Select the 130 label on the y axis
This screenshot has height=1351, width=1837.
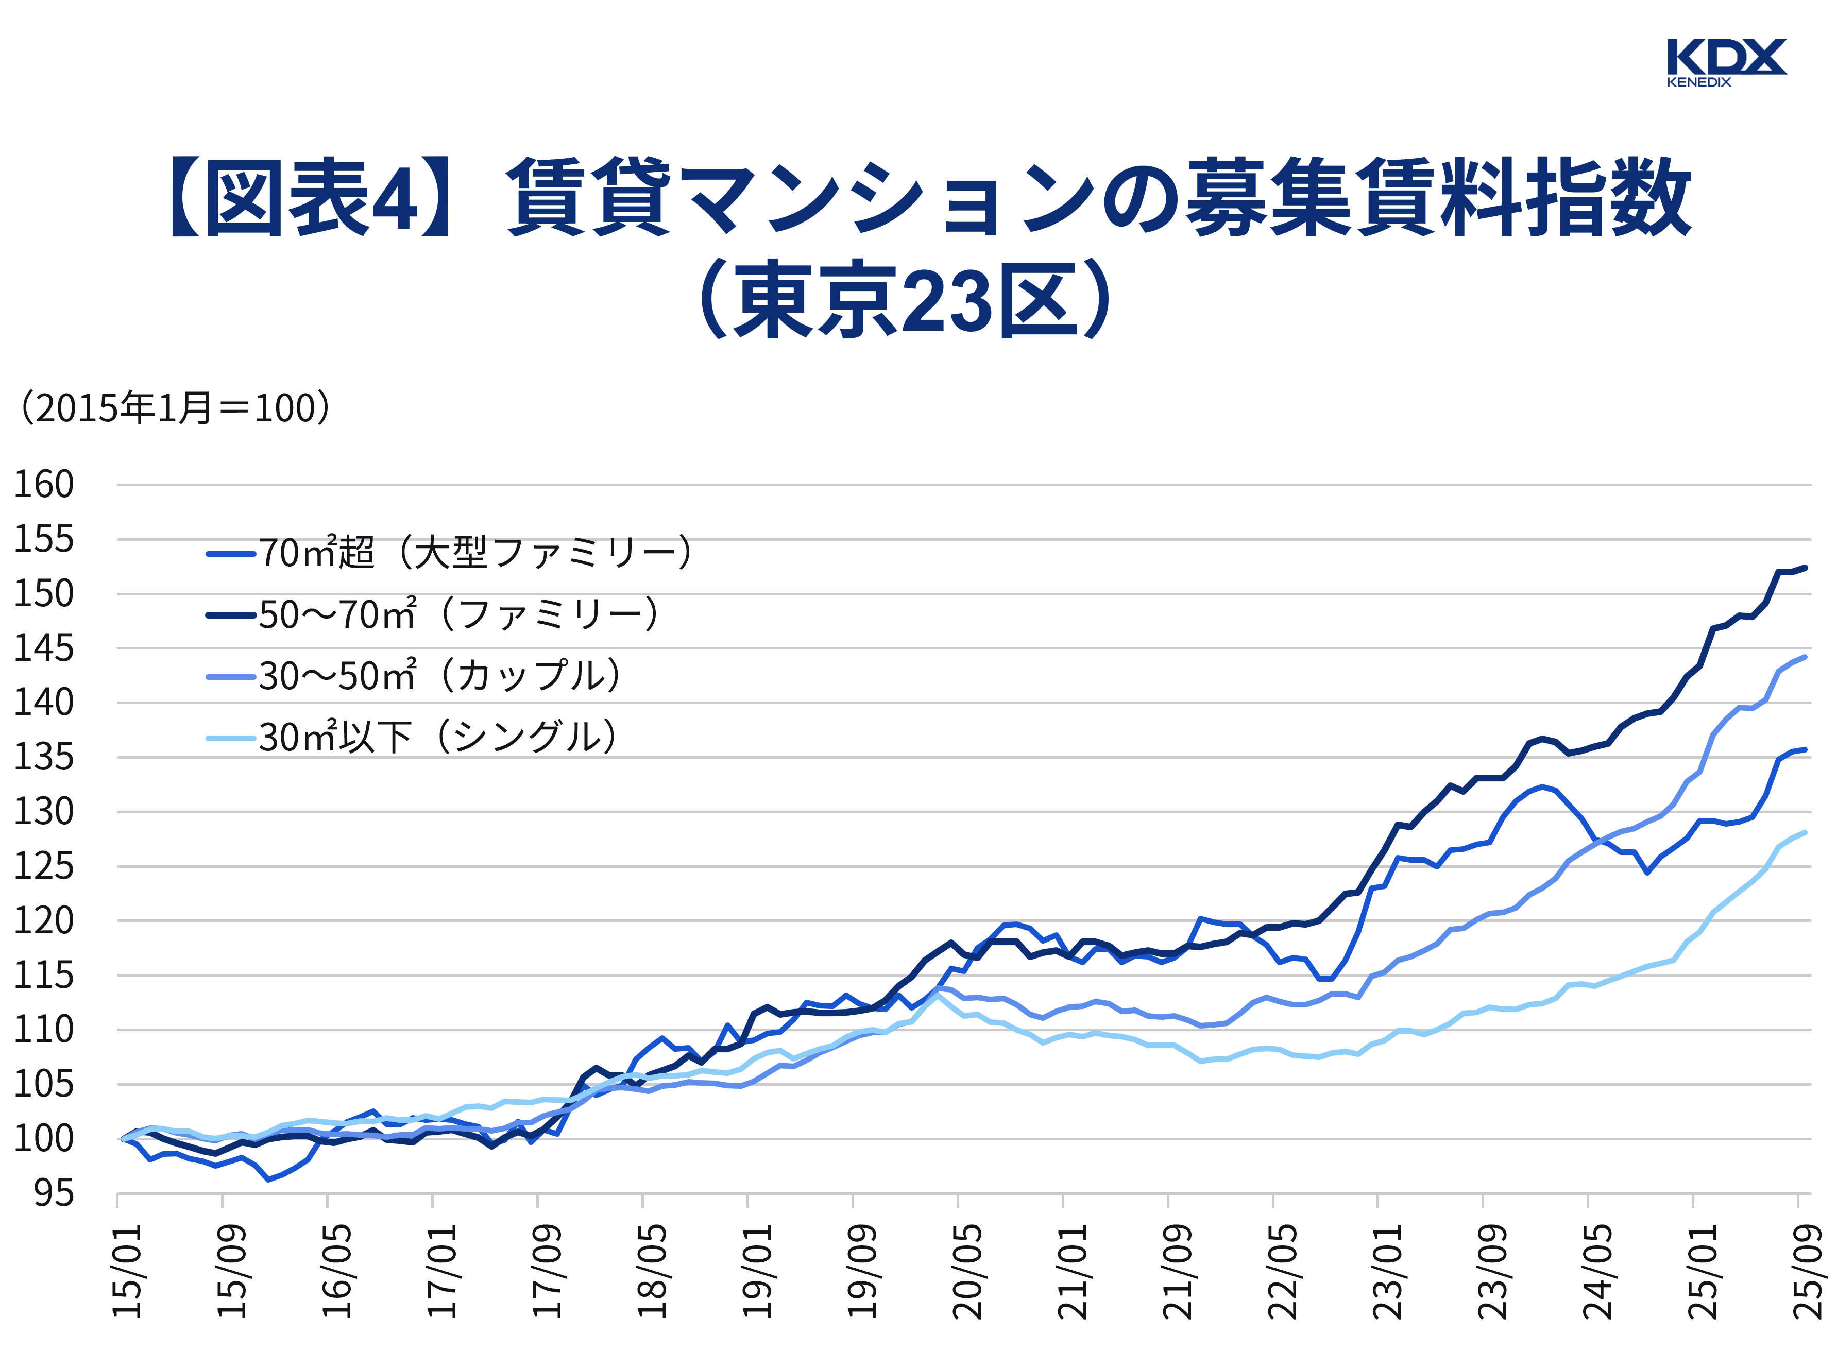coord(43,813)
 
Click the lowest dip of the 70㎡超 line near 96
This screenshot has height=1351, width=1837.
coord(267,1180)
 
